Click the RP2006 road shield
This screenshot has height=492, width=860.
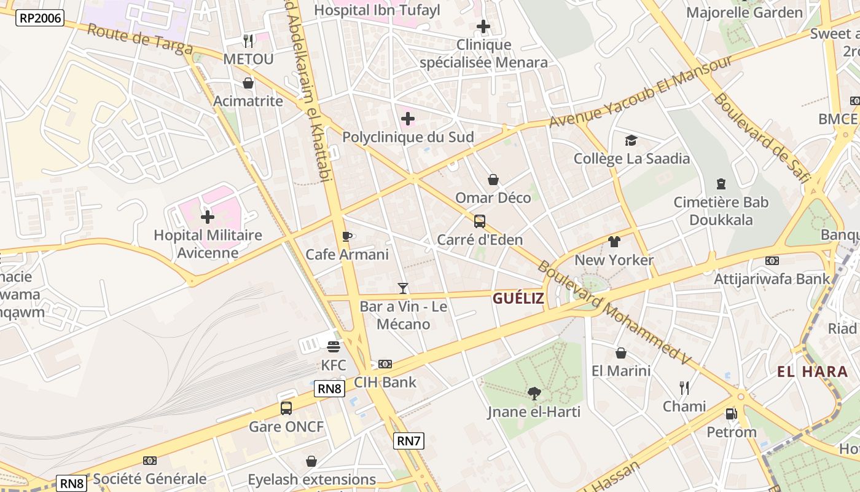[x=41, y=18]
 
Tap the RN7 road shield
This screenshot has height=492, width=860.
[x=408, y=440]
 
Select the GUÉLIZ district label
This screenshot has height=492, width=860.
[x=518, y=299]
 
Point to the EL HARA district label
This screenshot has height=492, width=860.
[x=804, y=371]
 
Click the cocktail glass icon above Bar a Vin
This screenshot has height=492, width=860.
[x=403, y=288]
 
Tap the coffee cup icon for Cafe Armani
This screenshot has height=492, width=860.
[x=347, y=236]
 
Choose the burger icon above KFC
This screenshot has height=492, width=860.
[x=334, y=347]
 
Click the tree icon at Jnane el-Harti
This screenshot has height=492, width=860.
[x=534, y=393]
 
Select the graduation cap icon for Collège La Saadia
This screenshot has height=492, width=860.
[x=631, y=141]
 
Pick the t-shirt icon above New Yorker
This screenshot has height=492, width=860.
[x=614, y=242]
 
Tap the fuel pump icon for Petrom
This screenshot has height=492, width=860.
[x=731, y=414]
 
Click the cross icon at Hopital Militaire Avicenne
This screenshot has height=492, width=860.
[x=208, y=217]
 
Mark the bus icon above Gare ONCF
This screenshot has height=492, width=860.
[x=286, y=408]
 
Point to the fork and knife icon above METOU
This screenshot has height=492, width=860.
[x=248, y=41]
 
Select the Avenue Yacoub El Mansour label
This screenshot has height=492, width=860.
[x=641, y=92]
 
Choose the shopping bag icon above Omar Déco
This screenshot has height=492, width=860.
[x=493, y=180]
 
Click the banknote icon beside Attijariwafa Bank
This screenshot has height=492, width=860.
[x=772, y=261]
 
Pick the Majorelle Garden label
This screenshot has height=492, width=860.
[x=744, y=12]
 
